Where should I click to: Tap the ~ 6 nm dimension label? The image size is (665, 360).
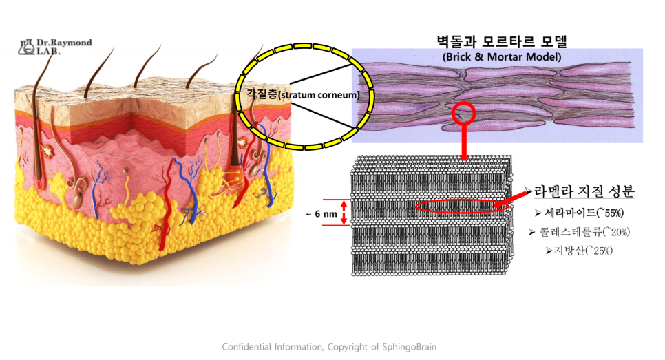pos(321,214)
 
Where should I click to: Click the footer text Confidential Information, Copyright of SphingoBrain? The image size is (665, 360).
pos(329,347)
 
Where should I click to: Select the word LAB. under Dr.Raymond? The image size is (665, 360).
pos(49,52)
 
